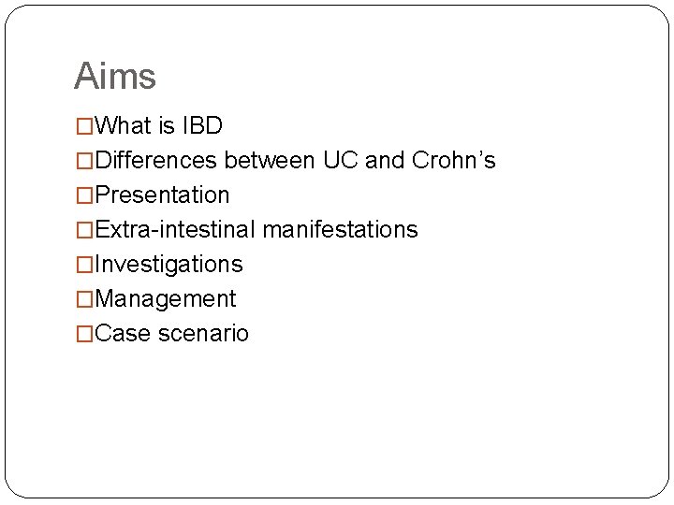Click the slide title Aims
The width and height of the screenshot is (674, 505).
coord(114,76)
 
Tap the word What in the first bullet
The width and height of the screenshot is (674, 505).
coord(126,125)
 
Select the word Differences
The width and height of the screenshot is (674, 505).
coord(157,160)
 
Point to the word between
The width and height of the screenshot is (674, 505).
coord(271,160)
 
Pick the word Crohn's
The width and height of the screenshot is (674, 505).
coord(454,160)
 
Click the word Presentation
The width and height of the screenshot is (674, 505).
coord(162,195)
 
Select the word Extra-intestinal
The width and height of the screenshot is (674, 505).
coord(176,229)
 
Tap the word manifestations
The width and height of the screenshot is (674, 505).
coord(340,229)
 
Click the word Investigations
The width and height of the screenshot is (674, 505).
coord(168,264)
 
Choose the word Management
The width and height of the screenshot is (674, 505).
coord(166,298)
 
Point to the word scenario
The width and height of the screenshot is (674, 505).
coord(203,333)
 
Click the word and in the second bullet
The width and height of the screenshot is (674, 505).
coord(384,160)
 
